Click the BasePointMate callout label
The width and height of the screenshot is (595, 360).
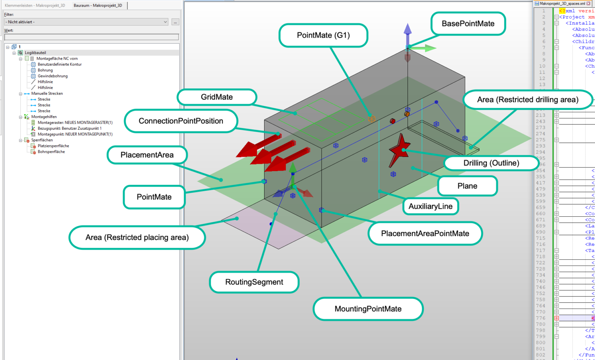tap(468, 24)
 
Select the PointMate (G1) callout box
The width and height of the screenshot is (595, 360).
tap(323, 36)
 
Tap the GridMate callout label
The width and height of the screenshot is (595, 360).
tap(217, 97)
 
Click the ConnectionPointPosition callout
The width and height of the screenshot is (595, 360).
tap(181, 121)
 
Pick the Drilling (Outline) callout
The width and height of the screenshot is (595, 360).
tap(491, 163)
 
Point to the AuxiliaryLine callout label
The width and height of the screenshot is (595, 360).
tap(430, 206)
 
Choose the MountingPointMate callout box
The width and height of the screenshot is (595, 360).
tap(368, 309)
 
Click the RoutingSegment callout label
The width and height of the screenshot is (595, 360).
tap(254, 282)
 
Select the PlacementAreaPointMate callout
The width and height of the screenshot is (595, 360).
tap(425, 233)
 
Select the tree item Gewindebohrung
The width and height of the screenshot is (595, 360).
tap(53, 76)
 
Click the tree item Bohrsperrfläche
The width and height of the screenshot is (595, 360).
tap(51, 152)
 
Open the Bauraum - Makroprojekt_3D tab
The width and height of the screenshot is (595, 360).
tap(98, 5)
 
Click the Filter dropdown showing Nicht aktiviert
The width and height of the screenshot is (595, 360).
tap(86, 22)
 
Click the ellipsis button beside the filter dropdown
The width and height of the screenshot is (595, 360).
tap(175, 22)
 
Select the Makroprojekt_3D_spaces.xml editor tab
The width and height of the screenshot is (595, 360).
tap(562, 3)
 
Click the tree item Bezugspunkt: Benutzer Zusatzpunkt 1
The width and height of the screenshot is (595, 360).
tap(69, 129)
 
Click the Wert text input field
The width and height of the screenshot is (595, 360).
tap(91, 37)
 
